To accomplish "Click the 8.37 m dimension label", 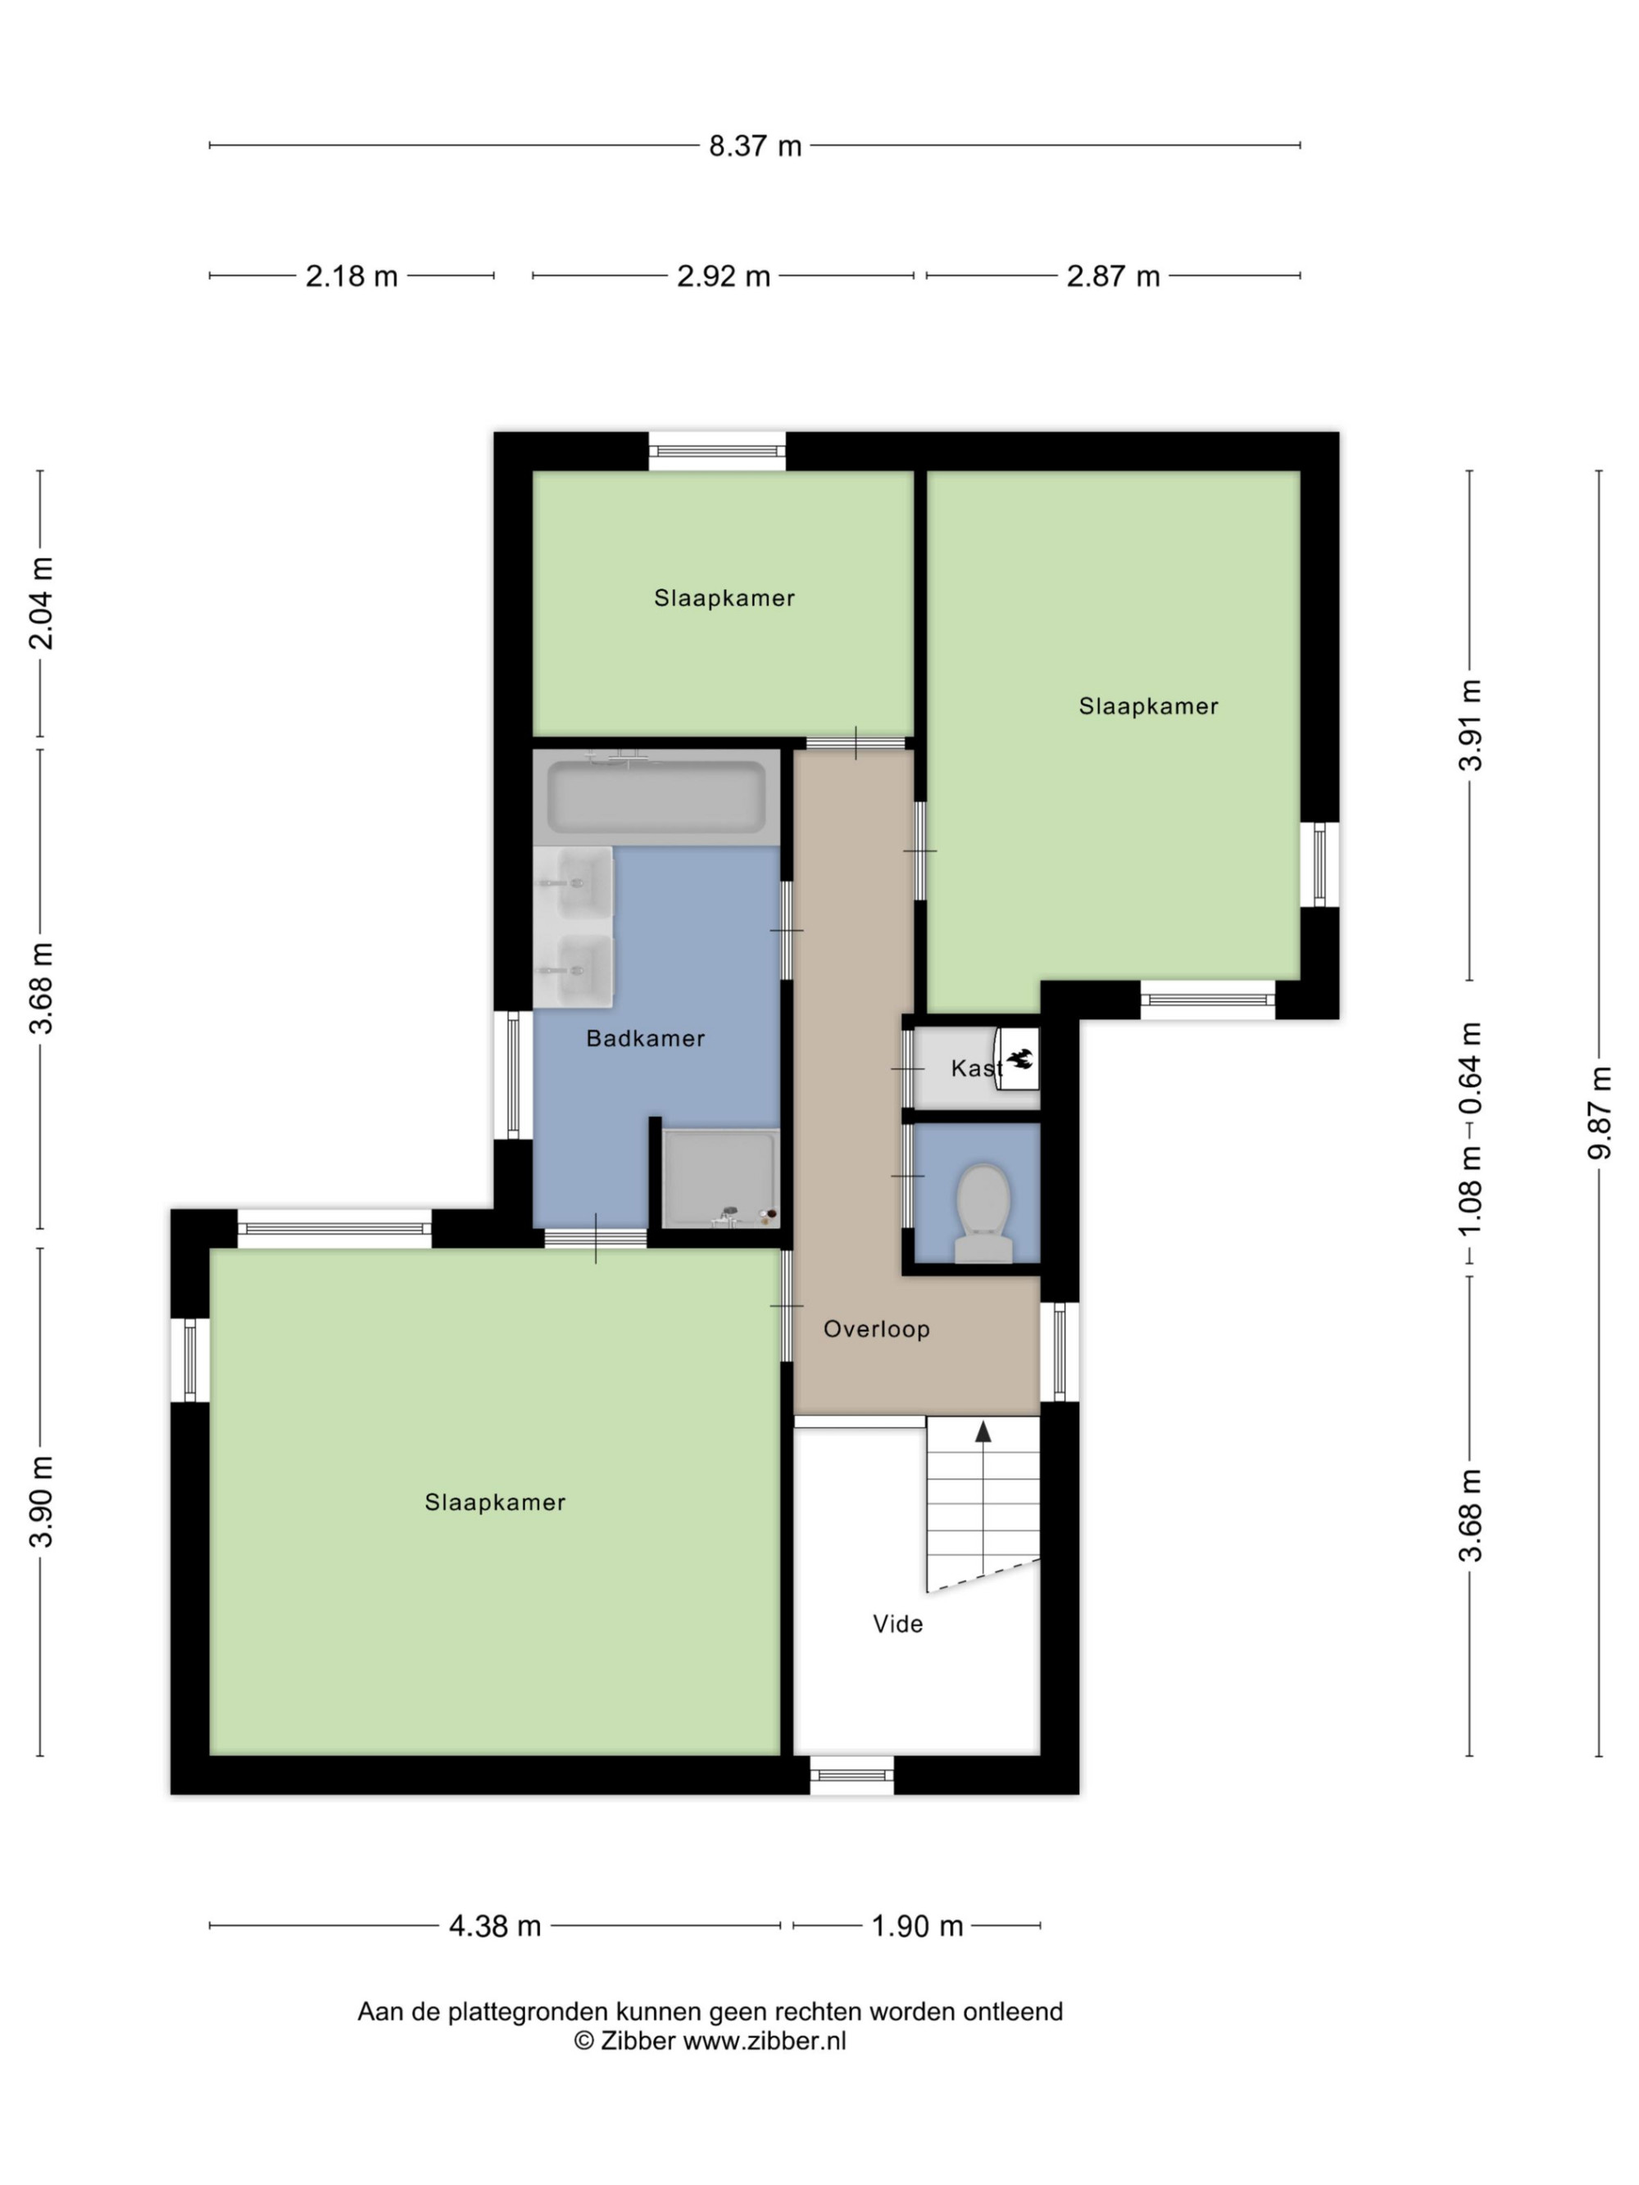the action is [755, 146].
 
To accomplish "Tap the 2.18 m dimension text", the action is [352, 277].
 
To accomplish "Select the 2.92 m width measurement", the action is [723, 277].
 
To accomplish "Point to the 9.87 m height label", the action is [1599, 1113].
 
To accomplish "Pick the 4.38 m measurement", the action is [495, 1926].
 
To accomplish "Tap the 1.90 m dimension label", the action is [917, 1926].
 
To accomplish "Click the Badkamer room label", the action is [645, 1038].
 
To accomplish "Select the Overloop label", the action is [876, 1330].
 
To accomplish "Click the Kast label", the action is [976, 1068].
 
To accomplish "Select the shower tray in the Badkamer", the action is [720, 1178].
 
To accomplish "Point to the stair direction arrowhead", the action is [983, 1431].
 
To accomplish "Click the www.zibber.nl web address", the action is [765, 2042].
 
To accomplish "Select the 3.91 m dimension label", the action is [1470, 725].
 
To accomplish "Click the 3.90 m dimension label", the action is [40, 1503].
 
